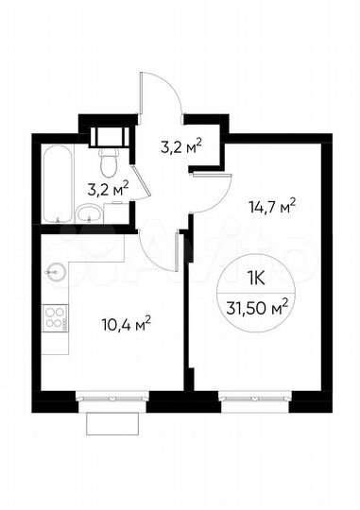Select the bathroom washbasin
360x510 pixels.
click(x=91, y=211)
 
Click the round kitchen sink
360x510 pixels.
click(x=54, y=271)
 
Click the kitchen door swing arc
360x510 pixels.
click(x=159, y=255)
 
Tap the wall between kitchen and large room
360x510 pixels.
click(x=189, y=312)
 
